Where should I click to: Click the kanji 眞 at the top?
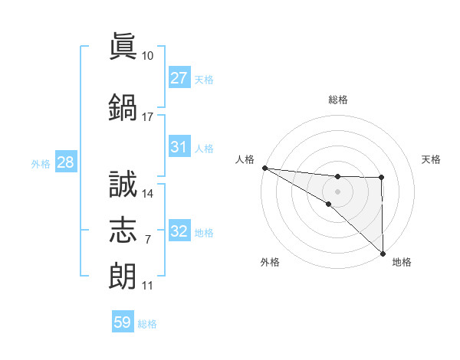point(123,47)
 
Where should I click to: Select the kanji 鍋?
point(123,106)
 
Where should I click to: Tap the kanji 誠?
point(123,184)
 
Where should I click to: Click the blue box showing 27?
point(179,78)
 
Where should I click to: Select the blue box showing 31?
point(179,148)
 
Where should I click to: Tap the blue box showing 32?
point(179,232)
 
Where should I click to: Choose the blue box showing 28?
point(64,162)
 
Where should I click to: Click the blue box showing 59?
point(123,323)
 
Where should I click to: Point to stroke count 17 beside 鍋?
point(147,117)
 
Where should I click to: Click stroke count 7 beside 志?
point(147,240)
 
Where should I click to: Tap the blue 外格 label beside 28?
point(41,163)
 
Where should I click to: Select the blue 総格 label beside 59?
point(147,324)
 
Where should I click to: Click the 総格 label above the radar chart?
point(338,100)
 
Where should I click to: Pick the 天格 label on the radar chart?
point(431,159)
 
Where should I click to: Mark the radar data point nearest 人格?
point(264,167)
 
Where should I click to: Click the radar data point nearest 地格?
point(383,253)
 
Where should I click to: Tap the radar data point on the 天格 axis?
point(382,178)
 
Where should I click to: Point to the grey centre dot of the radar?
point(337,191)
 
